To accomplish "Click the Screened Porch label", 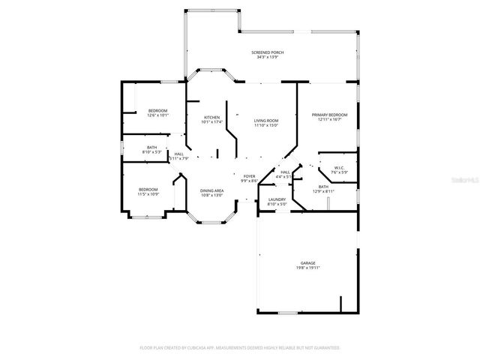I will (267, 52).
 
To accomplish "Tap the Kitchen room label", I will (211, 118).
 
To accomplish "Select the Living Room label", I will (265, 121).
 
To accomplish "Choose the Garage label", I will (307, 262).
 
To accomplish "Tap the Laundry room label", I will (277, 199).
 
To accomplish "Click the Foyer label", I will (249, 176).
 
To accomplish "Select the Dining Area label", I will (211, 190).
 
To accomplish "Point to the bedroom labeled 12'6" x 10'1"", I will (158, 110).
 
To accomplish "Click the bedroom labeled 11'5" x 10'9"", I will (148, 189).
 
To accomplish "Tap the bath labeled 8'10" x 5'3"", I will (151, 148).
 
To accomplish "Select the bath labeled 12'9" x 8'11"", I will (323, 187).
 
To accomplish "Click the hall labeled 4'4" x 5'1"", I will (285, 172).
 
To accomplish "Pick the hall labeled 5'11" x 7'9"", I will (178, 154).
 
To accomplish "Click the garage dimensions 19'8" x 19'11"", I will (307, 268).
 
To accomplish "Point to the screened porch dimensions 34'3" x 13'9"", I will (267, 57).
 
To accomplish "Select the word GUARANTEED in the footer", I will (325, 348).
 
